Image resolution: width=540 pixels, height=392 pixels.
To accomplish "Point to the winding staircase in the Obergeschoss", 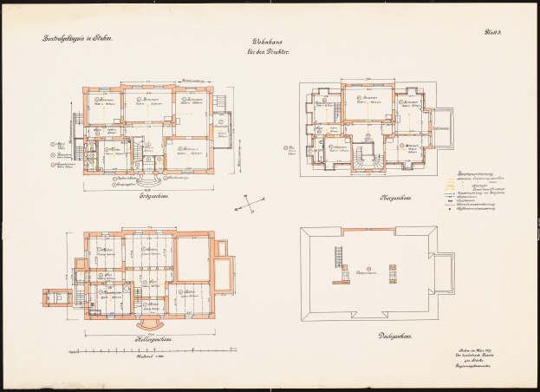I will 362,159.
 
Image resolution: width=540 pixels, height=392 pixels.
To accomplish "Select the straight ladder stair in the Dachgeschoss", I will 336,258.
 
